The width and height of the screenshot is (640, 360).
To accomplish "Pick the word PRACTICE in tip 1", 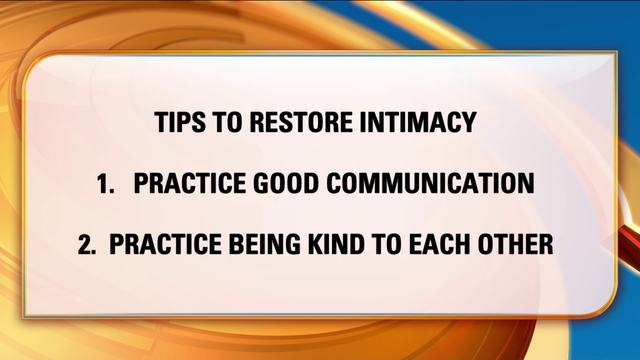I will click(188, 185).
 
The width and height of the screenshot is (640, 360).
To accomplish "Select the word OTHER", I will click(523, 244).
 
